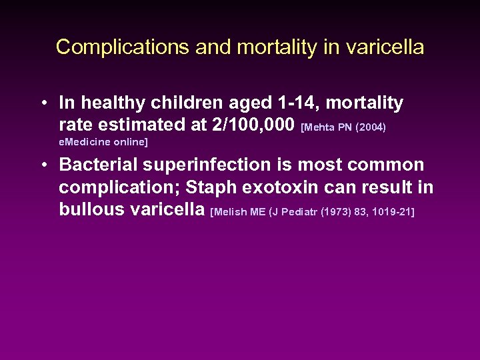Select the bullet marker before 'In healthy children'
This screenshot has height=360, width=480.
coord(42,103)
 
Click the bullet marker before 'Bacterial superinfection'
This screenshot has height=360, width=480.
coord(42,165)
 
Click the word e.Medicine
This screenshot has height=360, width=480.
coord(83,142)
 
